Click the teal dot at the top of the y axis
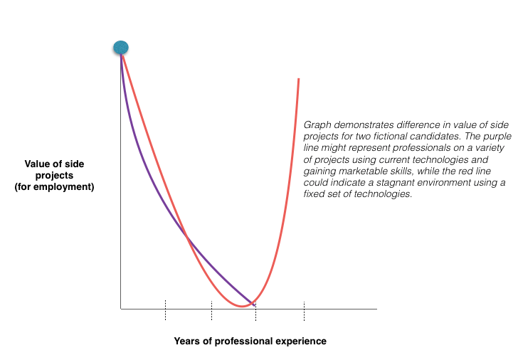coord(121,48)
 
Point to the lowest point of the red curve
coord(243,306)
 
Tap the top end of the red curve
coord(298,79)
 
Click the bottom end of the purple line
coord(254,305)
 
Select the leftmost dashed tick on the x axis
coord(165,310)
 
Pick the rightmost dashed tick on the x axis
coord(304,310)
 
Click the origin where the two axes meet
coord(121,309)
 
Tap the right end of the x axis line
coord(376,309)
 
